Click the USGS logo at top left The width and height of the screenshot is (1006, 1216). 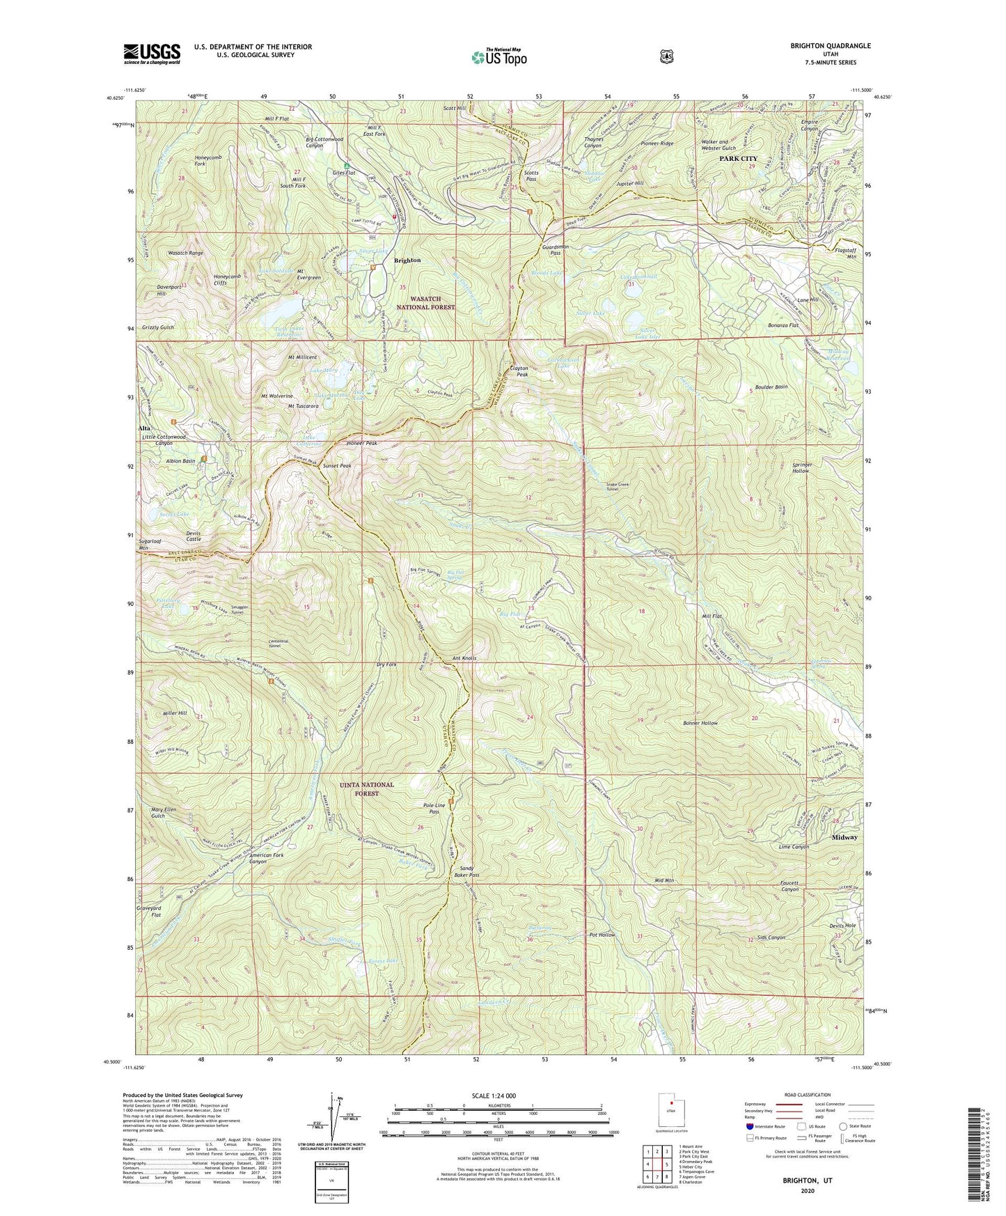click(x=152, y=53)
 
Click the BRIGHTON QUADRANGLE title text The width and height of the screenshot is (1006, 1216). click(x=830, y=46)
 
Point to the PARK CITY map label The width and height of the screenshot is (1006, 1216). click(x=739, y=159)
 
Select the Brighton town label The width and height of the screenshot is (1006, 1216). click(x=407, y=260)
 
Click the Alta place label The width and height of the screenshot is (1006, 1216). click(x=145, y=428)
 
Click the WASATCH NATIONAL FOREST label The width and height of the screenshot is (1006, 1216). click(x=425, y=303)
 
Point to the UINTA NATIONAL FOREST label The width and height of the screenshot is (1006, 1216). click(x=366, y=788)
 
